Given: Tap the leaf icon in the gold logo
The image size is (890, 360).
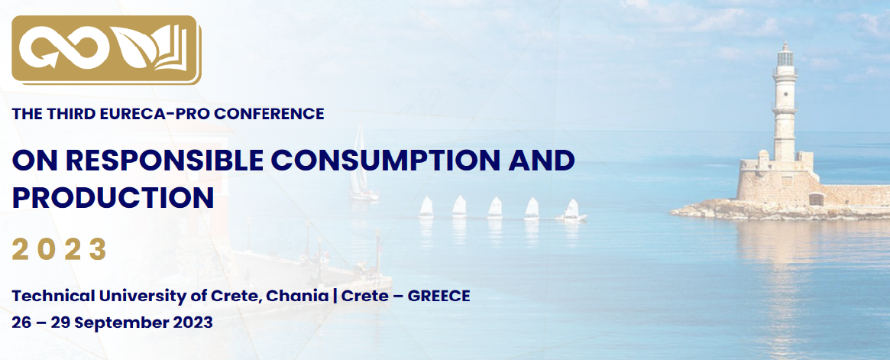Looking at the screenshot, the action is click(x=131, y=50).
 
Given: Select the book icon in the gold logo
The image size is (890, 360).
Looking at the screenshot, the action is click(x=173, y=50).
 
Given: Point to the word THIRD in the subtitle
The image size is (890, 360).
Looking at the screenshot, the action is click(x=76, y=114).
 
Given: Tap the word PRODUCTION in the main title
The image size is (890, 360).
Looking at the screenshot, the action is click(x=113, y=197).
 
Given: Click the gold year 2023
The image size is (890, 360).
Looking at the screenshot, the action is click(x=60, y=249).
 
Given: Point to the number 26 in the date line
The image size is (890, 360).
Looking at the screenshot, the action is click(x=21, y=323).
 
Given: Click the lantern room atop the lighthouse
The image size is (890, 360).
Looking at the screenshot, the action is click(x=785, y=56).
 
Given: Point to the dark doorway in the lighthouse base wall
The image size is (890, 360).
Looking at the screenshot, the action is click(x=816, y=199).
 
